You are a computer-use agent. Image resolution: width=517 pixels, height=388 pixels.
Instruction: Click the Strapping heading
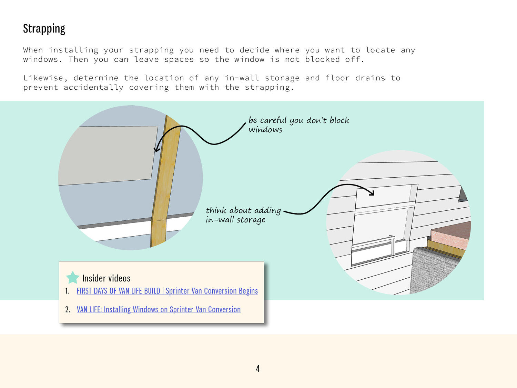point(44,29)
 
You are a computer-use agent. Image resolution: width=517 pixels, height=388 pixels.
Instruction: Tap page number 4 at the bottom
point(258,368)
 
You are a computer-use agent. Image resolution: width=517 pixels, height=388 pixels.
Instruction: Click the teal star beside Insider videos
point(72,278)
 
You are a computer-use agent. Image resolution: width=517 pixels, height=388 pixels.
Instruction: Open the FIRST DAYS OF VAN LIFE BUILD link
point(167,291)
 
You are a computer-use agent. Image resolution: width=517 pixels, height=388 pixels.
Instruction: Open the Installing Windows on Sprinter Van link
point(159,309)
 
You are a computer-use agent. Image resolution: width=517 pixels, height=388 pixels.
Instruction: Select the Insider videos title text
point(106,278)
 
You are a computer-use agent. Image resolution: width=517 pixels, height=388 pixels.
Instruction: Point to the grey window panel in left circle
point(108,156)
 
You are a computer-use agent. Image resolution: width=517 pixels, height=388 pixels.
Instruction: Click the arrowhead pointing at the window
point(156,149)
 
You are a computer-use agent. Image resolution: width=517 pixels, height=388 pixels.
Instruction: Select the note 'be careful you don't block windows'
point(299,125)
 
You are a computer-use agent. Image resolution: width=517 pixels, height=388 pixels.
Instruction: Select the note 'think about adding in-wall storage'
point(243,215)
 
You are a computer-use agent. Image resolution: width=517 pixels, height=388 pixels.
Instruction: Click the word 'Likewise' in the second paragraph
point(43,78)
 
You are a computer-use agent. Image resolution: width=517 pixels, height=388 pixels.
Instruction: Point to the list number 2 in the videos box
point(68,310)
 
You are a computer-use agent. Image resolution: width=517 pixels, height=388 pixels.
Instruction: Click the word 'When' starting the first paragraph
point(33,50)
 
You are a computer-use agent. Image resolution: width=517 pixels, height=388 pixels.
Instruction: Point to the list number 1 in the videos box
point(67,291)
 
